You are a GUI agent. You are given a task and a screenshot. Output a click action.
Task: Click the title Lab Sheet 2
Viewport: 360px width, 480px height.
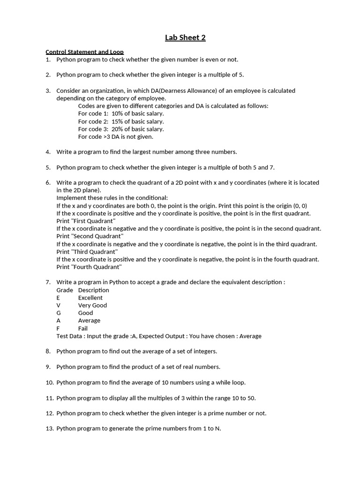tap(185, 38)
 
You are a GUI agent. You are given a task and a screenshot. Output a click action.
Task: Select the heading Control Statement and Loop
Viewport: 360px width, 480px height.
tap(84, 52)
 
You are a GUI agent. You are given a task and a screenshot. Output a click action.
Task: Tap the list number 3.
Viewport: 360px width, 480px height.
tap(48, 90)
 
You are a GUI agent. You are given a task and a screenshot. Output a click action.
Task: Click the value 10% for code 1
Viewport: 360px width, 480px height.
tap(118, 113)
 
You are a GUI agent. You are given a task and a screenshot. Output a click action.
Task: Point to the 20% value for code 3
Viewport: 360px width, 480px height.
tap(118, 129)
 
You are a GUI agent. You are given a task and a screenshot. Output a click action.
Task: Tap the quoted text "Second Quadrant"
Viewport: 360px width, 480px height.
tap(90, 236)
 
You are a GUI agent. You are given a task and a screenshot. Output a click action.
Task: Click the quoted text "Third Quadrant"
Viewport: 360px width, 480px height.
tap(87, 252)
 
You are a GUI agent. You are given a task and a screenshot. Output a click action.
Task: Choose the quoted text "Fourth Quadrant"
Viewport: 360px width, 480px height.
tap(89, 267)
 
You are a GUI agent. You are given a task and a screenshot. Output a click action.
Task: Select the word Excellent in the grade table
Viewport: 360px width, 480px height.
tap(90, 298)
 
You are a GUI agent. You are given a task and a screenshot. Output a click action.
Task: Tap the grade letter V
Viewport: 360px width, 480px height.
tap(59, 305)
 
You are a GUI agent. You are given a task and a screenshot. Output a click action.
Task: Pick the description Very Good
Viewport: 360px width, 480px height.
tap(92, 305)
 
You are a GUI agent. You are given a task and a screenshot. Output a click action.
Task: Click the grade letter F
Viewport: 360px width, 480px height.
tap(58, 328)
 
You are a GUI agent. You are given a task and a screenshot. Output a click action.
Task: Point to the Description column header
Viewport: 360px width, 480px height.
tap(94, 290)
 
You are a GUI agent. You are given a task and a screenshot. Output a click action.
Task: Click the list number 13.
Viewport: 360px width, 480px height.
tap(50, 428)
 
